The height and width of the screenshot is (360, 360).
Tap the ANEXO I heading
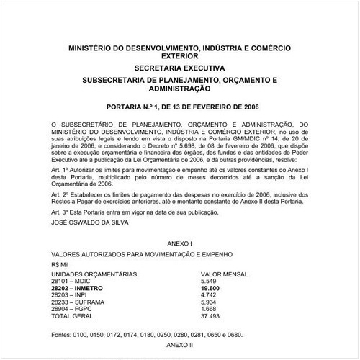click(x=179, y=245)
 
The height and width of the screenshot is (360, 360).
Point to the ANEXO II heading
click(x=179, y=346)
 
